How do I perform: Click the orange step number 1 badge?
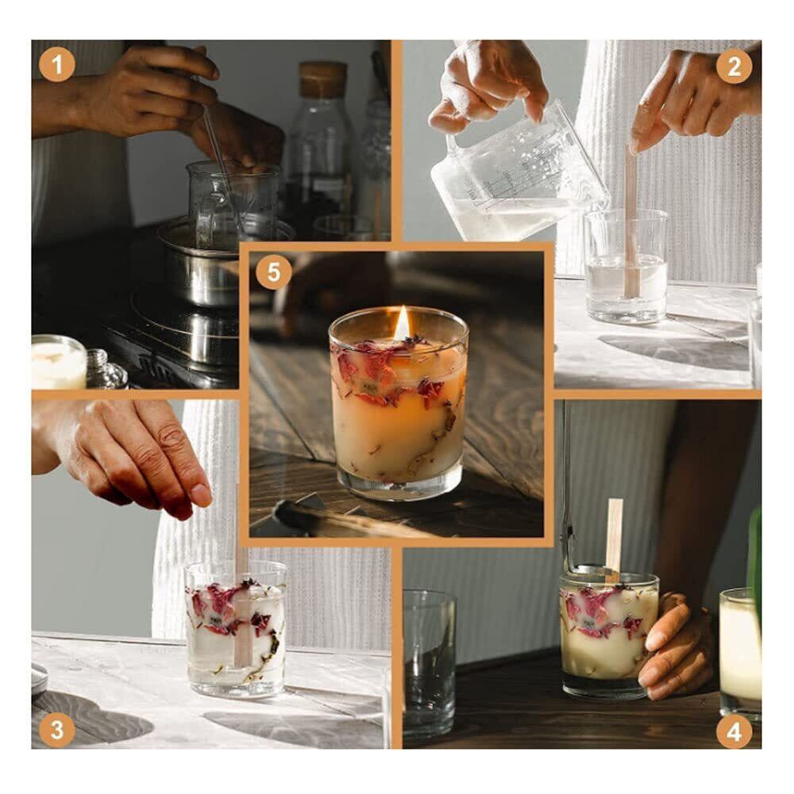click(x=56, y=65)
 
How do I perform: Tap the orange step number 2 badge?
click(x=734, y=66)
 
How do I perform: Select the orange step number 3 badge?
click(x=56, y=730)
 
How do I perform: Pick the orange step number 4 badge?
click(x=734, y=732)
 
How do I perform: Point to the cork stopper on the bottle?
click(x=322, y=80)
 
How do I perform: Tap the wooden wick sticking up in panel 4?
click(x=614, y=539)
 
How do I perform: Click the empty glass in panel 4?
click(x=430, y=664)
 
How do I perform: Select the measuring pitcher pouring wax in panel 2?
click(x=517, y=175)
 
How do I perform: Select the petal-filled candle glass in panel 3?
click(x=236, y=628)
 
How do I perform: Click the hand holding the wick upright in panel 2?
click(x=694, y=96)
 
